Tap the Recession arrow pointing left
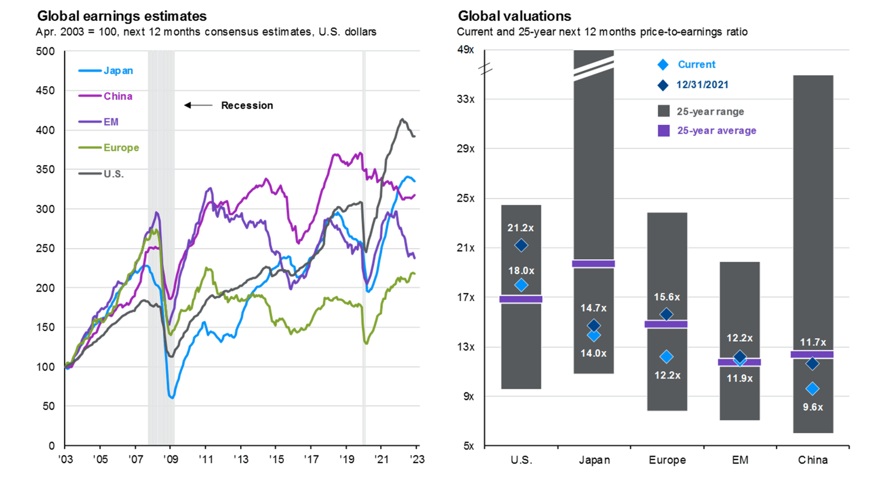198,105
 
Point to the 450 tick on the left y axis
45,90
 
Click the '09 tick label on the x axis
171,459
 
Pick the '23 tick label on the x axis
416,459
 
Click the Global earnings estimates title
122,16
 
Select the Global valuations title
514,16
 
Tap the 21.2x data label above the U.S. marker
520,228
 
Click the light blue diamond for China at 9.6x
812,389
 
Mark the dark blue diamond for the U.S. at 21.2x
521,245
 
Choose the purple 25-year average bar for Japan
593,264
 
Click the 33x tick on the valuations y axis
466,99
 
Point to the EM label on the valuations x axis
740,460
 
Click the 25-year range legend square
664,111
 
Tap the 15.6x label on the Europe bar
666,297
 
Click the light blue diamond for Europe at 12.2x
666,356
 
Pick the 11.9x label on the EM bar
739,378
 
